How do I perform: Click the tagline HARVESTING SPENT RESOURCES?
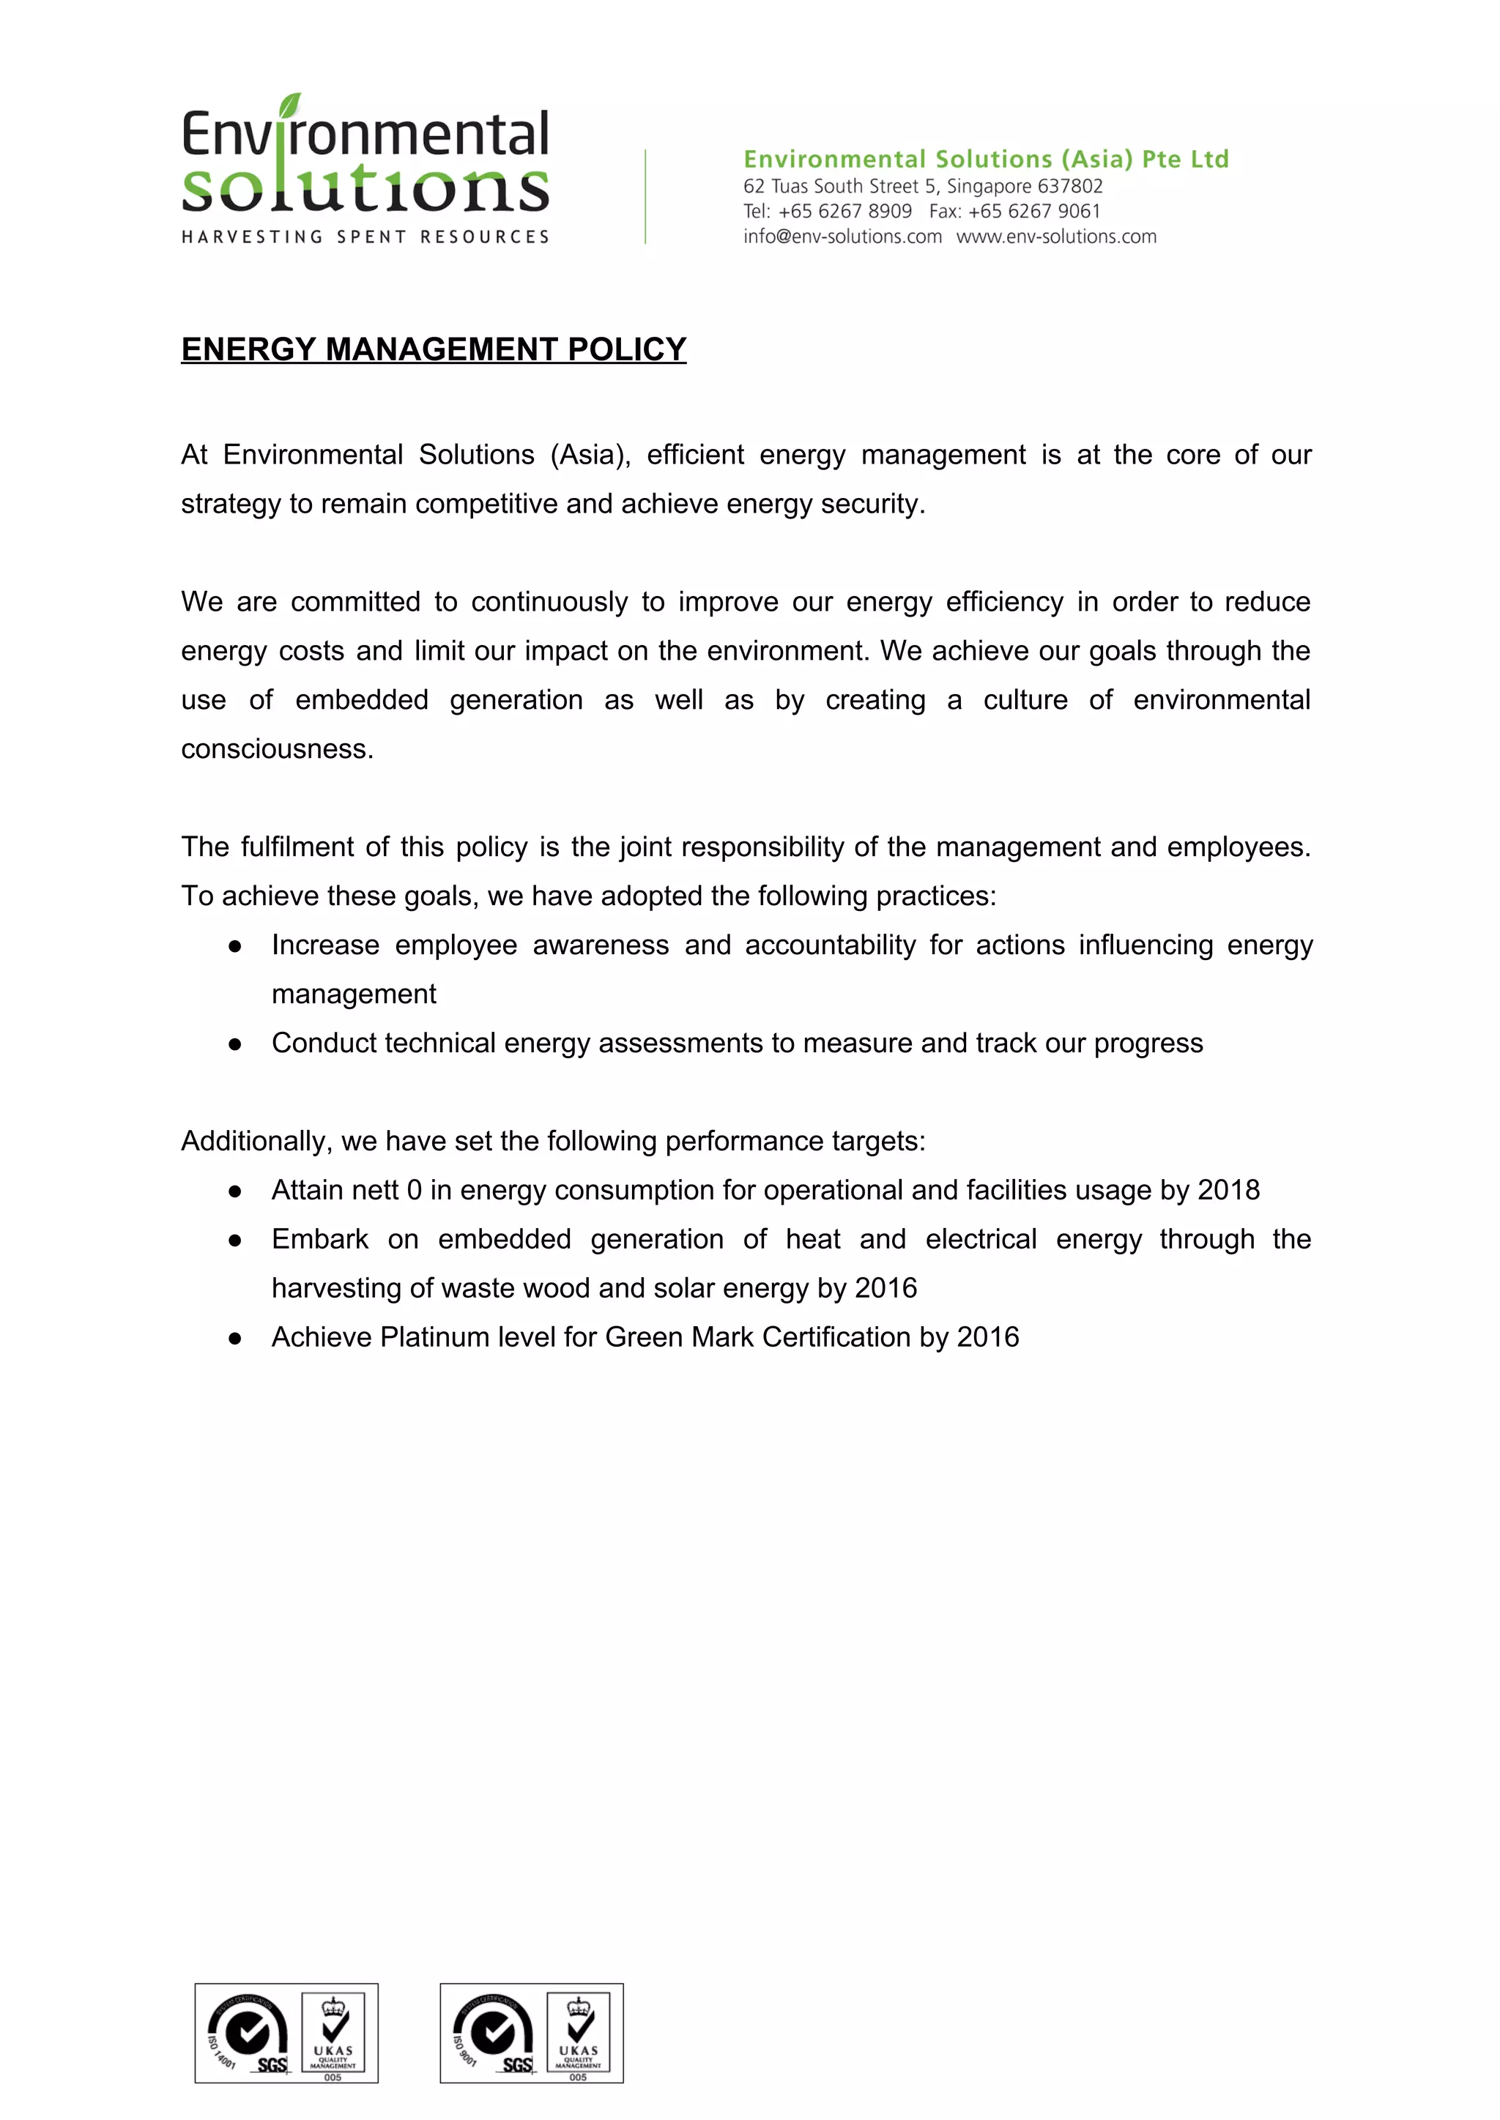click(365, 237)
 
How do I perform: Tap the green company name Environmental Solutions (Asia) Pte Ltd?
click(986, 159)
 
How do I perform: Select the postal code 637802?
click(1069, 187)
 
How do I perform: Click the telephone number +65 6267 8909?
click(844, 212)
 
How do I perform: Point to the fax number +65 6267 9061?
click(1033, 212)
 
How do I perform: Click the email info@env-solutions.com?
click(842, 237)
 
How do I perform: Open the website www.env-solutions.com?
click(1055, 237)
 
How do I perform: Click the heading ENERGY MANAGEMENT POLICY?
click(433, 349)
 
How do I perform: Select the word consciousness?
click(276, 749)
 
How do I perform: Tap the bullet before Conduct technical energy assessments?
click(236, 1044)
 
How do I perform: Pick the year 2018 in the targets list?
click(1228, 1190)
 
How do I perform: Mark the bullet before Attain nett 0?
click(236, 1191)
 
